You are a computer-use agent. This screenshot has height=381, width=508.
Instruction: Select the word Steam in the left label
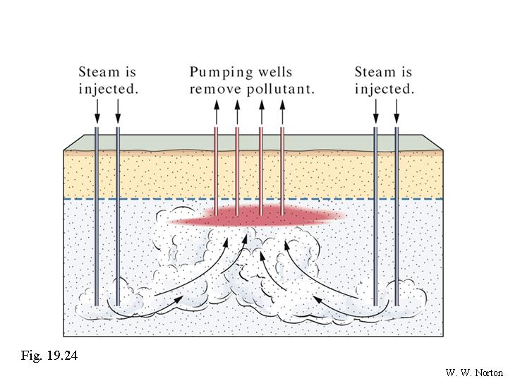(x=98, y=72)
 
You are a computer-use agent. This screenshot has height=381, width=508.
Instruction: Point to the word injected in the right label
(x=384, y=90)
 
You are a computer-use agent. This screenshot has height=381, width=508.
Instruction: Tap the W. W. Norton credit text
(x=473, y=371)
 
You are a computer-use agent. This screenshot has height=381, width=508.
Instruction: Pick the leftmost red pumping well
(x=217, y=169)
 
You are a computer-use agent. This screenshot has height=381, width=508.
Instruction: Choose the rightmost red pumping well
(x=282, y=169)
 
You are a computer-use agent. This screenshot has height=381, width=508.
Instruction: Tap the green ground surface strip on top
(x=254, y=142)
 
